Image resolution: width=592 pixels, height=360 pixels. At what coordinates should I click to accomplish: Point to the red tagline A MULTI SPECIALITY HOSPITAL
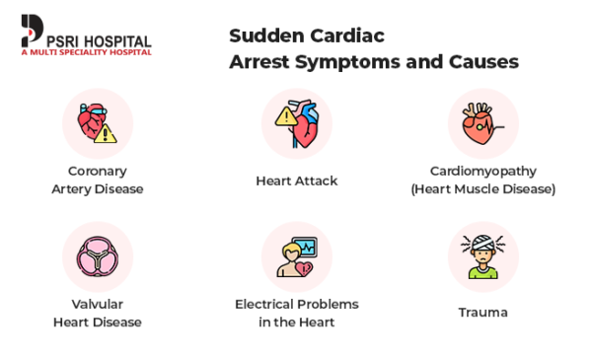click(86, 52)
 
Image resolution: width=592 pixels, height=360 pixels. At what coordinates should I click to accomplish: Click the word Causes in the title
click(486, 62)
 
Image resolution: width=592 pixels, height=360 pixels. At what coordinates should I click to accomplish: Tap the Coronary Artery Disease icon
click(97, 123)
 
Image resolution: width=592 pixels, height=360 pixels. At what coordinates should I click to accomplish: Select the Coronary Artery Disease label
click(97, 180)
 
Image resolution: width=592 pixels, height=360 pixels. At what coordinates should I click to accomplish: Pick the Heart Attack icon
click(297, 123)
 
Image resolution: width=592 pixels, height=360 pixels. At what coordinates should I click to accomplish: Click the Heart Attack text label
click(297, 180)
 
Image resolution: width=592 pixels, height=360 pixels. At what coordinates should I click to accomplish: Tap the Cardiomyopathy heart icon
click(482, 123)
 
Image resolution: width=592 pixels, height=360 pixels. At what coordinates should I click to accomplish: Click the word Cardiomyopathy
click(482, 171)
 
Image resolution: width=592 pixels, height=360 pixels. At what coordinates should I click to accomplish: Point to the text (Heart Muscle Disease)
click(482, 188)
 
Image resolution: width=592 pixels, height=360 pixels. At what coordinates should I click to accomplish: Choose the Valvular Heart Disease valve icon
click(97, 255)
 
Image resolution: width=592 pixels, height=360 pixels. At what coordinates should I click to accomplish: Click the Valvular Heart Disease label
click(97, 313)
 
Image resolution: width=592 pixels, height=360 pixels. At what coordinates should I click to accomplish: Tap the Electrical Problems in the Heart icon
click(297, 255)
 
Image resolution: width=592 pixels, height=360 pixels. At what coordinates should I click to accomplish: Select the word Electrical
click(266, 304)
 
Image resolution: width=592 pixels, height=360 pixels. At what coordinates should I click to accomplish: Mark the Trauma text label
click(482, 313)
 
